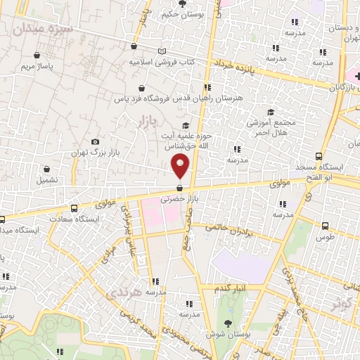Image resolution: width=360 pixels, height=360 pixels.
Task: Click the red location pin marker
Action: (x=181, y=165)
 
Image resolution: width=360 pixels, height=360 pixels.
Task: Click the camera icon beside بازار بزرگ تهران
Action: (x=96, y=142)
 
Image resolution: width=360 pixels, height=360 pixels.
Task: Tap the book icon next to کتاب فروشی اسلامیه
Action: (x=162, y=51)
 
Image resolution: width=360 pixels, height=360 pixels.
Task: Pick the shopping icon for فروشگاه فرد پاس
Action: (x=143, y=89)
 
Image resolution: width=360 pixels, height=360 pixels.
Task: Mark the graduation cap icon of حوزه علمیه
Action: (x=186, y=126)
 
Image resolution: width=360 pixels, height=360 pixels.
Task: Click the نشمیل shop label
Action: (x=47, y=179)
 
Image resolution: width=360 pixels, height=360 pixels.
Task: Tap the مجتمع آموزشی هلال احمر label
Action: (x=271, y=127)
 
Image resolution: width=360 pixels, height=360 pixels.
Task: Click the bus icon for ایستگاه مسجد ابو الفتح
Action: (x=320, y=157)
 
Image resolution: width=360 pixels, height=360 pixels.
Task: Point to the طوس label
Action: (x=324, y=237)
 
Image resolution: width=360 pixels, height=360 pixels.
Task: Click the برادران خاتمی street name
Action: (x=229, y=229)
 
